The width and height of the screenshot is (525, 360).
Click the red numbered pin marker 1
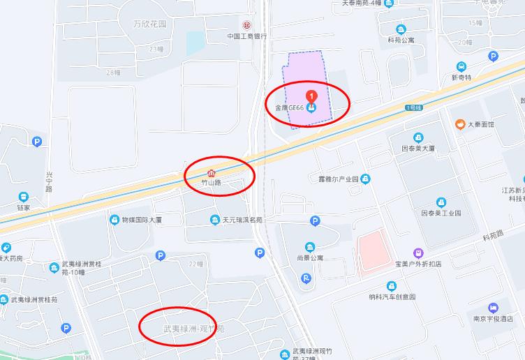(311, 94)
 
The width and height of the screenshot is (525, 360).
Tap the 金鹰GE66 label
(289, 108)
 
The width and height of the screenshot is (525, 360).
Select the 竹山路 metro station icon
(212, 172)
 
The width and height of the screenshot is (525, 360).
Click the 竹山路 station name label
(211, 183)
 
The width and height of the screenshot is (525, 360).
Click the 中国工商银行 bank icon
(245, 25)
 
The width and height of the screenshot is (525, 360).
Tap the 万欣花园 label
(150, 24)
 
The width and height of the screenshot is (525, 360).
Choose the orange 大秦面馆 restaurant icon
(460, 124)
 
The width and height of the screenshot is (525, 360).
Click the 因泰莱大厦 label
(418, 149)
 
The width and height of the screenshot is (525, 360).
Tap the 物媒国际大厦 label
(142, 220)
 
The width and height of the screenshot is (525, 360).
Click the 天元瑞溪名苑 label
(242, 220)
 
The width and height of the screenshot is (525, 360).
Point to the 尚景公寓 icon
(310, 247)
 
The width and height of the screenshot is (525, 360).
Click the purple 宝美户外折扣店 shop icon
(418, 253)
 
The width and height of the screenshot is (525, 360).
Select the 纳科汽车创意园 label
(392, 297)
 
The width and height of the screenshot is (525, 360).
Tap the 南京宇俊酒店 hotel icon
(494, 308)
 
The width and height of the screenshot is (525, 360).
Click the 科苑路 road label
(493, 237)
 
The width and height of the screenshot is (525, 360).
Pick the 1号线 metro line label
(414, 107)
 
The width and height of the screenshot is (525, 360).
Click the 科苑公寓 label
(401, 40)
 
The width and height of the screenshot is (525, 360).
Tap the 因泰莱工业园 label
(441, 213)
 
